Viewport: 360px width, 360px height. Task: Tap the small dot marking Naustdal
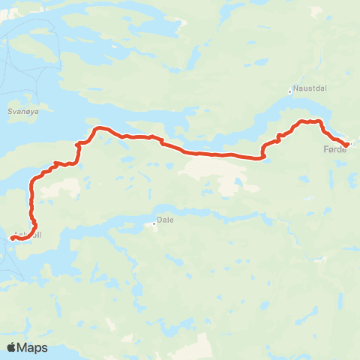(x=289, y=93)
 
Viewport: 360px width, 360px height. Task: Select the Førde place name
(x=334, y=149)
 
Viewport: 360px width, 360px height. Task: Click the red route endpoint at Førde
(x=346, y=144)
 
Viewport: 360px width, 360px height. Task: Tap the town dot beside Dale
(x=154, y=222)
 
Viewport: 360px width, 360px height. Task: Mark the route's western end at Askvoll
(x=11, y=238)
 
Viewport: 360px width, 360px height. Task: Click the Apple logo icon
(x=11, y=347)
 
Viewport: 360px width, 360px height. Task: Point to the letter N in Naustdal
(x=295, y=88)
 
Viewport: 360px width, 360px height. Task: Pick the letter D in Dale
(x=158, y=222)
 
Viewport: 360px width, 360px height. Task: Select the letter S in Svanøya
(x=8, y=109)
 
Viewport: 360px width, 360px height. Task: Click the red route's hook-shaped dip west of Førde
(x=263, y=156)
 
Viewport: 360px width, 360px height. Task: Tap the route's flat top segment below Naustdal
(x=310, y=121)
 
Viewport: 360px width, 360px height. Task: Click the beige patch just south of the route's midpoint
(x=214, y=169)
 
